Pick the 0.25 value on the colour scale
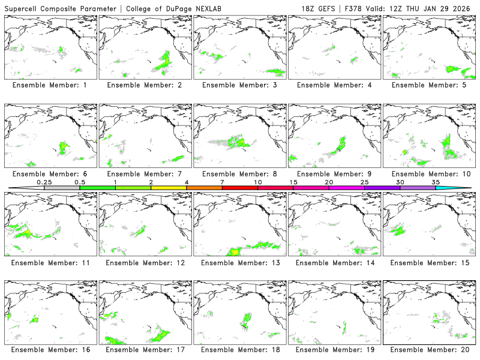tap(44, 182)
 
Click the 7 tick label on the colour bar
tap(222, 182)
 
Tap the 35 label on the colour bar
tap(436, 182)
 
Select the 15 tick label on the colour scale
tap(293, 182)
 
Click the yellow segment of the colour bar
tap(169, 188)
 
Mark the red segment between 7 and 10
tap(240, 188)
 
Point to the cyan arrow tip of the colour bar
tap(462, 188)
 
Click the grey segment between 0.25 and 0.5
tap(62, 188)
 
